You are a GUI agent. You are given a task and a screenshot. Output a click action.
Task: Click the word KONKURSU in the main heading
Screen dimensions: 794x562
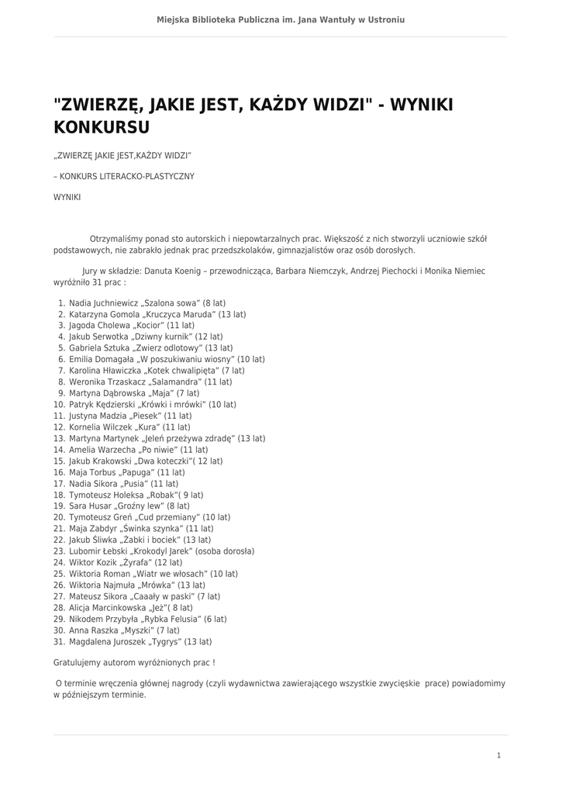click(102, 126)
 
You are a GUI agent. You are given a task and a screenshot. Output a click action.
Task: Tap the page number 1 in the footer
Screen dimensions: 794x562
click(499, 754)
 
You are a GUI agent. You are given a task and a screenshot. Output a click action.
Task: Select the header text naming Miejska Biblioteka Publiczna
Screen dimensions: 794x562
click(281, 19)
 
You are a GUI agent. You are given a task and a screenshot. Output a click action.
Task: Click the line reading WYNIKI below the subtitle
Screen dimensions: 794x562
click(67, 198)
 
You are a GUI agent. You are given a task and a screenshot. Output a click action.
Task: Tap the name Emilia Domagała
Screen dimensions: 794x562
click(100, 360)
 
